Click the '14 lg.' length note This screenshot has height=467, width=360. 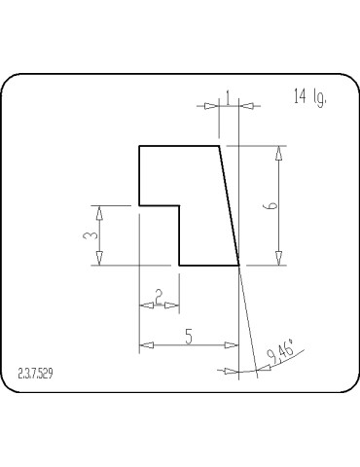coord(308,96)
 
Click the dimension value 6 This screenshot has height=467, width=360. coord(272,205)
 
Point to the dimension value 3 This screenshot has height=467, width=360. coord(89,235)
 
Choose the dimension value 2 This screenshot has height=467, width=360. coord(159,295)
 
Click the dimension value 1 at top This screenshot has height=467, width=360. coord(227,95)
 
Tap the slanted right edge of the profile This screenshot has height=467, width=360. coord(229,205)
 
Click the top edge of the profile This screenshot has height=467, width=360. coord(179,146)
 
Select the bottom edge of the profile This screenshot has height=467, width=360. coord(208,265)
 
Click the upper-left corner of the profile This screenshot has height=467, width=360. coord(139,146)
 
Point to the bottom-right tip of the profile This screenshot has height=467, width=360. coord(238,265)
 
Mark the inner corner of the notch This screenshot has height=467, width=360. coord(179,205)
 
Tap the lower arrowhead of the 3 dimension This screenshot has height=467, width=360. coord(99,258)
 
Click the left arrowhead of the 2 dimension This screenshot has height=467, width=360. coord(146,305)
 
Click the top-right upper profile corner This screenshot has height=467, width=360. coord(219,146)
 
